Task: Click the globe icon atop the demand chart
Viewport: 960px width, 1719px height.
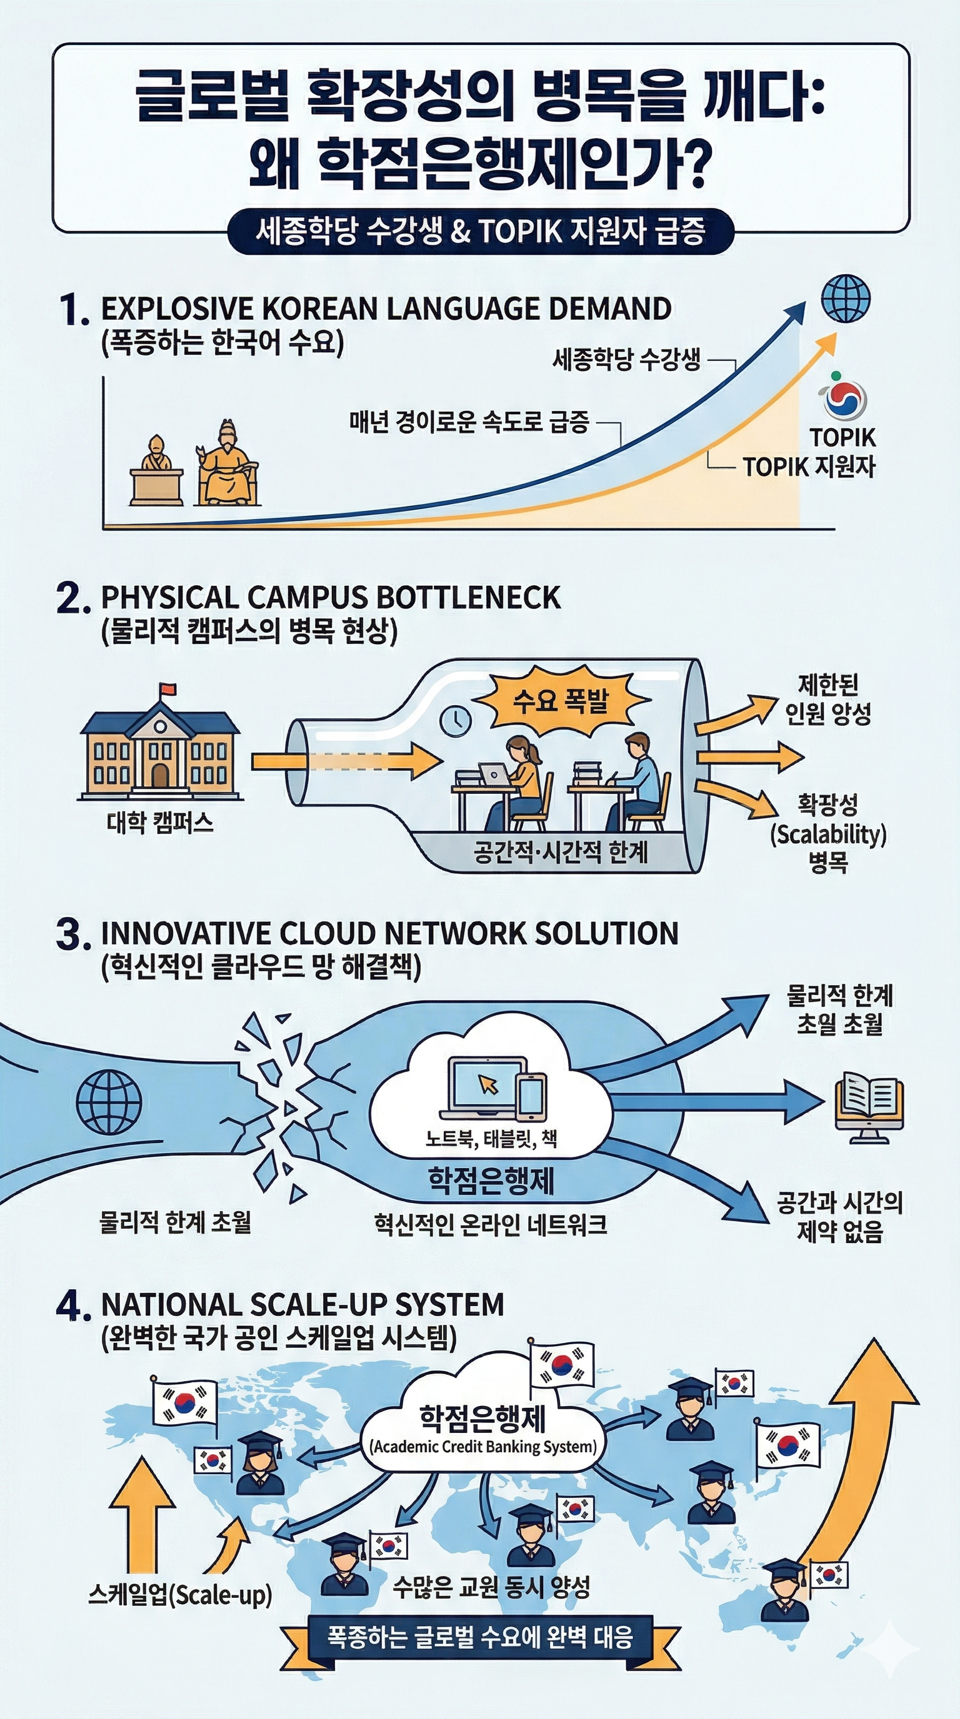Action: (846, 299)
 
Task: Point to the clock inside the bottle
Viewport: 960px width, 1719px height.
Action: (456, 721)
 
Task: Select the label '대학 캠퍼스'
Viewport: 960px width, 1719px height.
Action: (160, 823)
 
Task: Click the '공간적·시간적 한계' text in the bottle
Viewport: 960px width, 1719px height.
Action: (560, 851)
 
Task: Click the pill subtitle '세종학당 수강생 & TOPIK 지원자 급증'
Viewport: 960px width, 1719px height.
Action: (480, 232)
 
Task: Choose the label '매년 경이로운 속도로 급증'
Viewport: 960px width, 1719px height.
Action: (469, 422)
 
